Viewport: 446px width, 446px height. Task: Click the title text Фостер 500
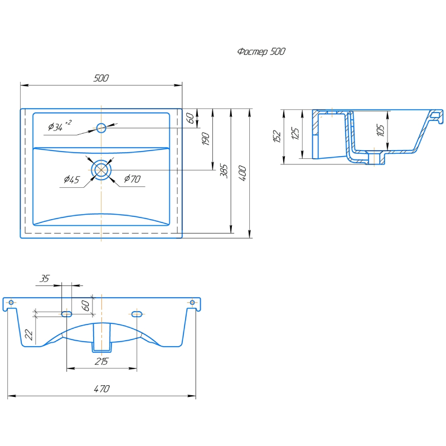click(261, 51)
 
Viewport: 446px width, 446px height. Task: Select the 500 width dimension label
click(101, 78)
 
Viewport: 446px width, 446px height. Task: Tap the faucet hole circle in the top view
click(101, 128)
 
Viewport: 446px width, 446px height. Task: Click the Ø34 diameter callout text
click(59, 126)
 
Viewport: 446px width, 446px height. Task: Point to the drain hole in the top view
click(101, 170)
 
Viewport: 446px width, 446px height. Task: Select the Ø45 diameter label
click(72, 180)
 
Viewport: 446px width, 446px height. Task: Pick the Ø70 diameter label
click(132, 179)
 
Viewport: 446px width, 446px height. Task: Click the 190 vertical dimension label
click(206, 139)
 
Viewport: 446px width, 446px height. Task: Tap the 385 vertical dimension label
click(224, 171)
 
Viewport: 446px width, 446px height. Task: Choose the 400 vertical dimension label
click(243, 173)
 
